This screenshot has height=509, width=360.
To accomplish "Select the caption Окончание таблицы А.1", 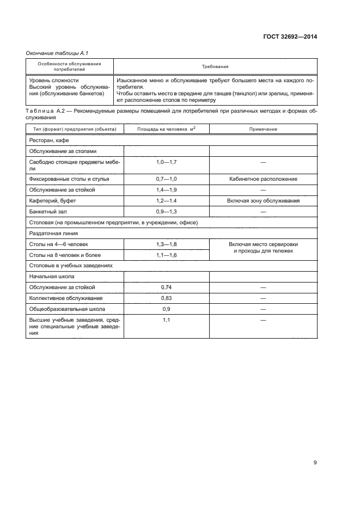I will pyautogui.click(x=57, y=53).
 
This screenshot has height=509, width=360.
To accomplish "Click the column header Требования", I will pyautogui.click(x=215, y=67).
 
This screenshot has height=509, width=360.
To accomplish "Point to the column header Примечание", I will pyautogui.click(x=263, y=129).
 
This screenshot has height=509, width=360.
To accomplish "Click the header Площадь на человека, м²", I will pyautogui.click(x=166, y=129).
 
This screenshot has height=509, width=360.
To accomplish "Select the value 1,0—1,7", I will pyautogui.click(x=166, y=162).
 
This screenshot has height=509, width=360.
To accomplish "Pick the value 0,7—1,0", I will pyautogui.click(x=166, y=179).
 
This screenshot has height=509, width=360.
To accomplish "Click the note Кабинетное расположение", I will pyautogui.click(x=263, y=179).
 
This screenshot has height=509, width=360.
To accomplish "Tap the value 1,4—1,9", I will pyautogui.click(x=166, y=189).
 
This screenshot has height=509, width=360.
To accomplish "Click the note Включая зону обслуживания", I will pyautogui.click(x=263, y=200).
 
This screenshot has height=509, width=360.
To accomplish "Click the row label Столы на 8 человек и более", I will pyautogui.click(x=65, y=255).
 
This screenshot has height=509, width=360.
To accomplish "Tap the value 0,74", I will pyautogui.click(x=166, y=287).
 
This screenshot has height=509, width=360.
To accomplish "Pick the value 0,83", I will pyautogui.click(x=166, y=298).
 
